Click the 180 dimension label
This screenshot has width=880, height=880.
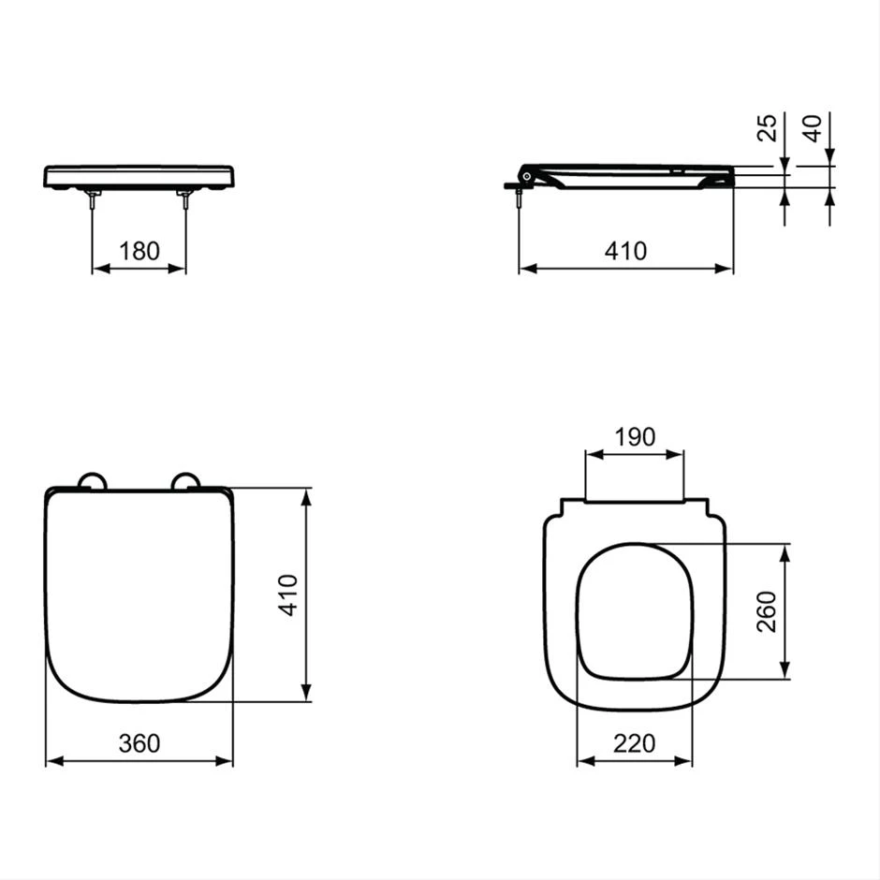[x=139, y=251]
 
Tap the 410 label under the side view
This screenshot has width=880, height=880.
[x=625, y=251]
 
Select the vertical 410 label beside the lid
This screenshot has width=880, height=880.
[x=288, y=595]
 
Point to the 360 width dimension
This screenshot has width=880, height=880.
[x=139, y=743]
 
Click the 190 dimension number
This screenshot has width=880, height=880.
[x=635, y=436]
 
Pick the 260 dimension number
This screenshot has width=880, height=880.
[x=766, y=611]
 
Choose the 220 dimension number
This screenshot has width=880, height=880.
[x=634, y=743]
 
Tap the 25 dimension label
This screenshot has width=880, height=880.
[x=768, y=128]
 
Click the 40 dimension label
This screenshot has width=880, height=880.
[x=812, y=128]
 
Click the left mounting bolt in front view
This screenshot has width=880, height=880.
[x=92, y=199]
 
